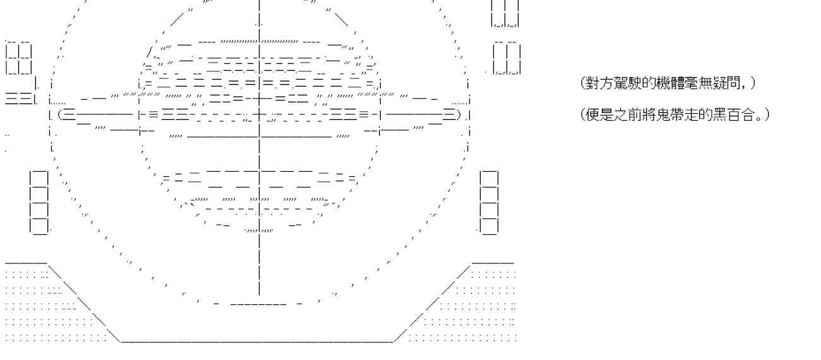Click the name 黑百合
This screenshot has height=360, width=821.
coord(728,116)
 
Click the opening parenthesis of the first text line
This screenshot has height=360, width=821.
coord(582,83)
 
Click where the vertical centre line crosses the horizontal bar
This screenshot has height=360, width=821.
coord(260,115)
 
